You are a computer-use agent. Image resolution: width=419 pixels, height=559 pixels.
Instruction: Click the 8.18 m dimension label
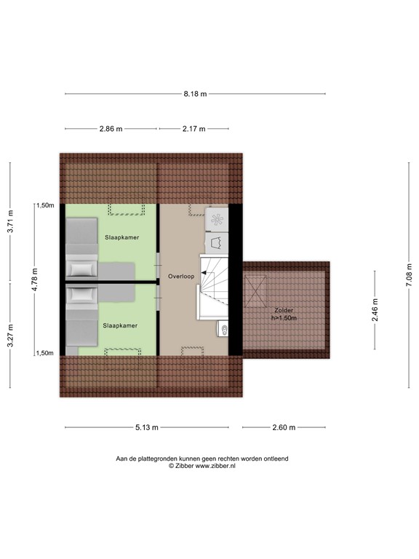(195, 94)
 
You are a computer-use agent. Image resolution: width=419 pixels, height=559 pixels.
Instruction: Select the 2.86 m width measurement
(111, 129)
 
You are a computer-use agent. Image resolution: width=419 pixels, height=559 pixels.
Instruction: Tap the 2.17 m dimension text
(193, 129)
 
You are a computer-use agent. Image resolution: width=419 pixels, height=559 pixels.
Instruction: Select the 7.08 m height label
(408, 279)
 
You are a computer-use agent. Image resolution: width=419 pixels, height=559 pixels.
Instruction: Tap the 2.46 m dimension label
(375, 306)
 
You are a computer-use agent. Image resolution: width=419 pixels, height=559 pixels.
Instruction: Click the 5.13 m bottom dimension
(148, 428)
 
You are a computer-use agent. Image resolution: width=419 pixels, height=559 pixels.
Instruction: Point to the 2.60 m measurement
(284, 428)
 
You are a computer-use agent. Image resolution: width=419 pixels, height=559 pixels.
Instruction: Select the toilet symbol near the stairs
(223, 330)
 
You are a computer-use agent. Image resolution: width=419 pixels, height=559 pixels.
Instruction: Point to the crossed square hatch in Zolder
(257, 289)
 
